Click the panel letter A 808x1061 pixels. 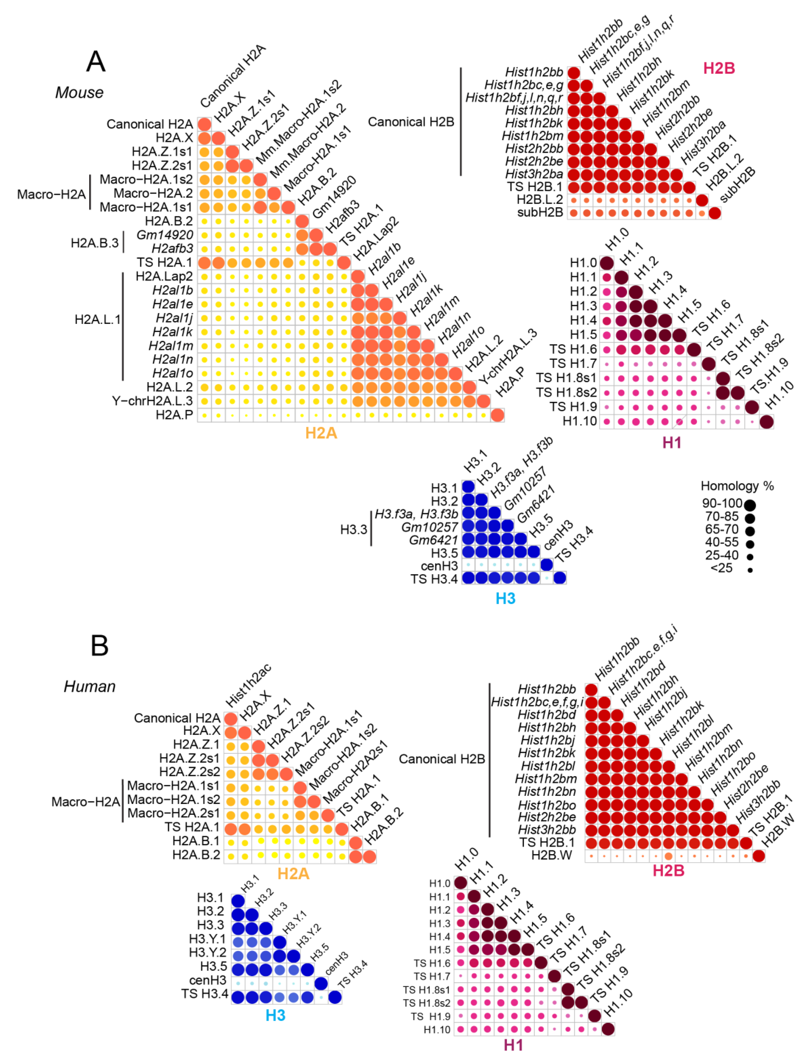pos(96,62)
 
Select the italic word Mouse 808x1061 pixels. pos(79,92)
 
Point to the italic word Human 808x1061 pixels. pos(90,686)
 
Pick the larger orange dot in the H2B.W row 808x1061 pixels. pos(668,856)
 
